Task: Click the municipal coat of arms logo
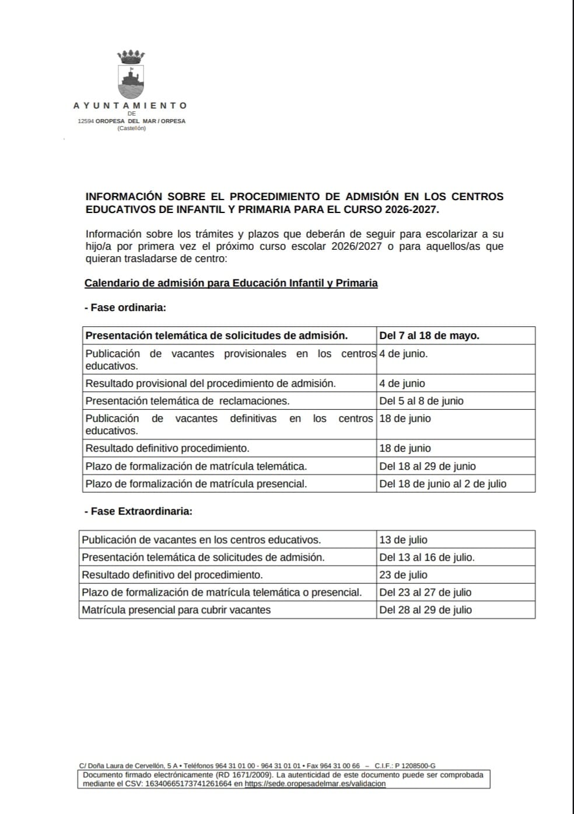pos(131,75)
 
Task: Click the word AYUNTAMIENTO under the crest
pos(130,106)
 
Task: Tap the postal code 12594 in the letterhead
pos(86,121)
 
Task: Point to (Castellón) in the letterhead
pos(132,128)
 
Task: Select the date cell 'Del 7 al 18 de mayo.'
pos(429,336)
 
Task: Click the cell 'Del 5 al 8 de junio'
pos(421,401)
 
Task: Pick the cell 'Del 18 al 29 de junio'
pos(428,466)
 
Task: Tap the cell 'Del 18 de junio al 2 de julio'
pos(443,484)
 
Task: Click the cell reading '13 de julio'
pos(403,540)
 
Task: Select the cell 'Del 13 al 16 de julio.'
pos(427,557)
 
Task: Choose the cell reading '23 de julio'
pos(403,575)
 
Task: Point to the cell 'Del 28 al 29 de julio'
pos(426,610)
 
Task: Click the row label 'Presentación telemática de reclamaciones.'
pos(187,401)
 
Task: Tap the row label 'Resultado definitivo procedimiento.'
pos(167,448)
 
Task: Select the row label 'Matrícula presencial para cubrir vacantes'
pos(176,610)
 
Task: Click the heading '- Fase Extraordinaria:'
pos(138,511)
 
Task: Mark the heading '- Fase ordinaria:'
pos(125,308)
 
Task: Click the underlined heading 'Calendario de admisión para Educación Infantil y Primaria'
pos(231,283)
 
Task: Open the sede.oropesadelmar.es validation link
pos(315,784)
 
